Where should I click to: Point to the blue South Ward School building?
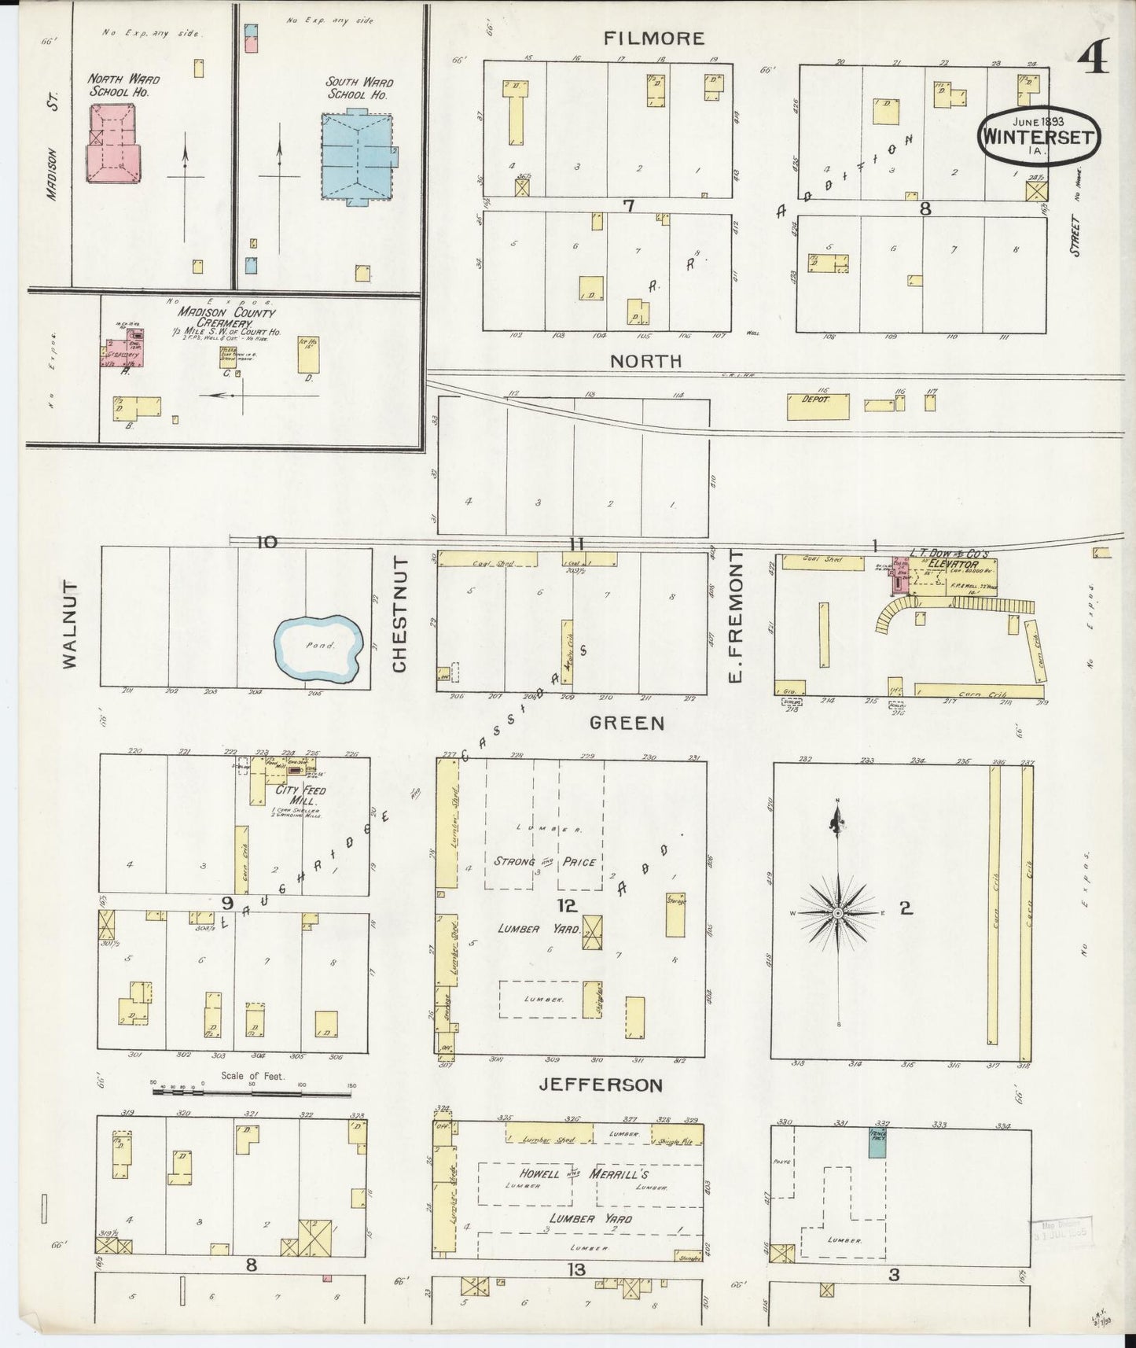point(358,156)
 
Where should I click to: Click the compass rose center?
point(839,912)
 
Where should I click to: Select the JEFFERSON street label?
point(601,1085)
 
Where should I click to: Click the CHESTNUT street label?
point(400,614)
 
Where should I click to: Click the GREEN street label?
point(627,723)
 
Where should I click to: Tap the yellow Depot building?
point(818,407)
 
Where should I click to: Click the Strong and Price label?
point(543,861)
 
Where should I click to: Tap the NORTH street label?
point(646,361)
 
